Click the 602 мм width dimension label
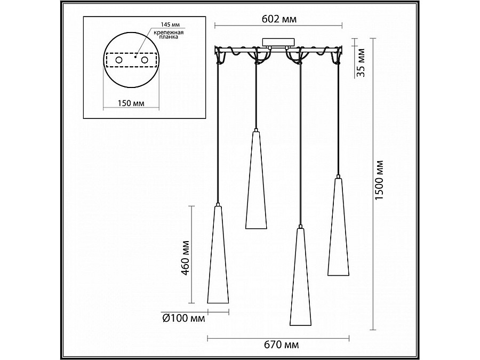[279, 19]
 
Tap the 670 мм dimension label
[281, 345]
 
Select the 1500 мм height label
[380, 181]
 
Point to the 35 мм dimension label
[361, 62]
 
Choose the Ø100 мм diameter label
[183, 319]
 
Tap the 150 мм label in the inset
[131, 103]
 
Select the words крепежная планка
[169, 35]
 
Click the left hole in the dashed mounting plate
[118, 60]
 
